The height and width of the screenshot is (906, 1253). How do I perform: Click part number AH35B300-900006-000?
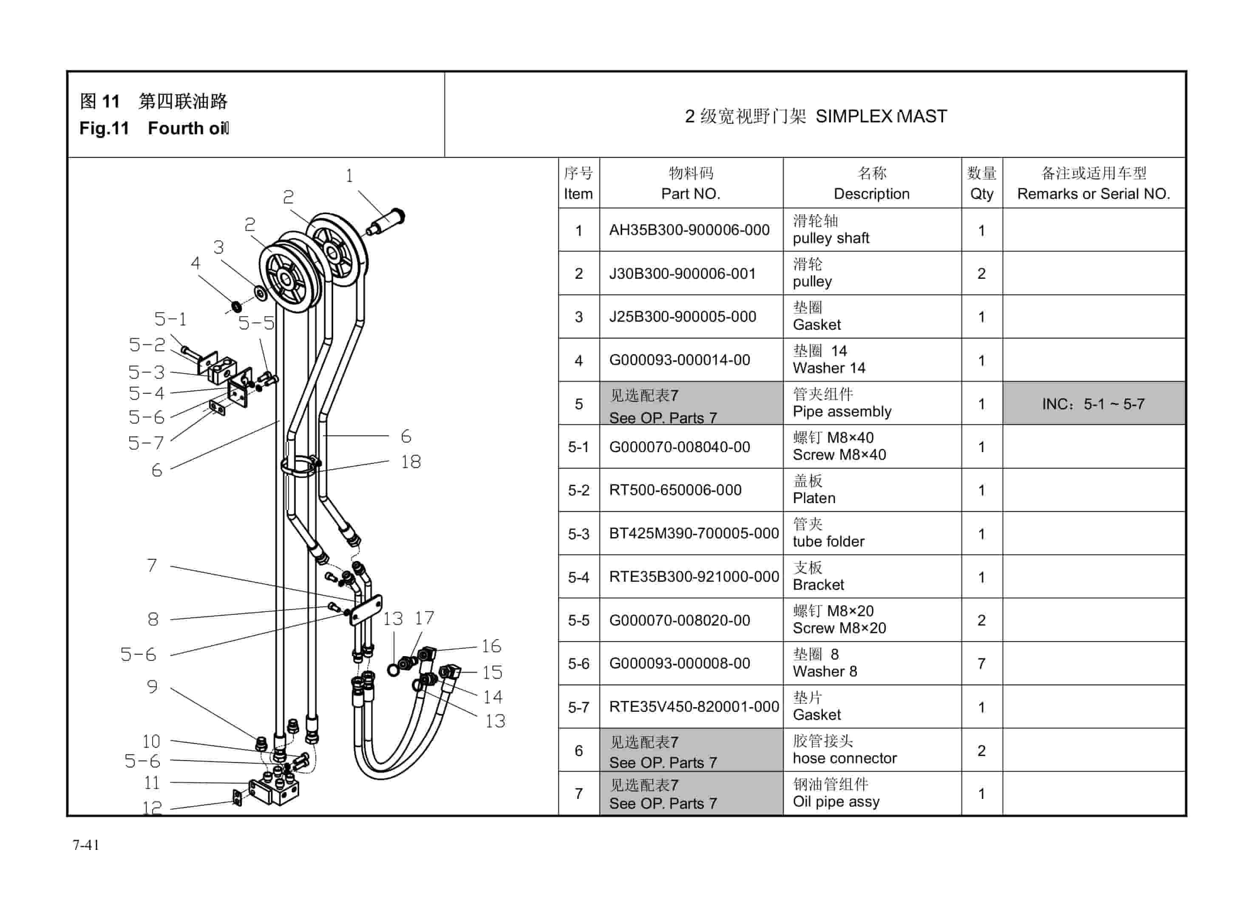[x=689, y=230]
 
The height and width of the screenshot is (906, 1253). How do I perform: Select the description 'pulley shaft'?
[x=831, y=238]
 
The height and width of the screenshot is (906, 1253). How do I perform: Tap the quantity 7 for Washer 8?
[x=981, y=663]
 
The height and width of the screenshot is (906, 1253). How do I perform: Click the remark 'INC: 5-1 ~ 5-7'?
[x=1093, y=404]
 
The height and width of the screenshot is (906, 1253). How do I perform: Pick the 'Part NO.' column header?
[x=691, y=194]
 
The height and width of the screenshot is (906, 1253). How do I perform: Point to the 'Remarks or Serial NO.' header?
[x=1093, y=194]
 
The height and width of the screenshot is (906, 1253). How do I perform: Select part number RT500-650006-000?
[x=675, y=490]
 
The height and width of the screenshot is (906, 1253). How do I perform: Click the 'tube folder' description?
[x=828, y=541]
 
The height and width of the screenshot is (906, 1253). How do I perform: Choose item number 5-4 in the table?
[x=578, y=577]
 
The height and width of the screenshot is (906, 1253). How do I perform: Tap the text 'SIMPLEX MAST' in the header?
[x=881, y=116]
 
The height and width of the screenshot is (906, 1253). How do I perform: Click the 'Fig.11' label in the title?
[x=104, y=128]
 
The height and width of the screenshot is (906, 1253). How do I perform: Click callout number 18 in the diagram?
[x=411, y=462]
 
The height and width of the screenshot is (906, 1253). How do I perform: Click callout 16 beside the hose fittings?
[x=490, y=646]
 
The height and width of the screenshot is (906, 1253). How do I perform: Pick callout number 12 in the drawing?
[x=152, y=808]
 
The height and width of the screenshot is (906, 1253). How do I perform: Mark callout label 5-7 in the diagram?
[x=146, y=443]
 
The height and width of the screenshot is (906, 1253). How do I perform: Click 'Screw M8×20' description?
[x=839, y=628]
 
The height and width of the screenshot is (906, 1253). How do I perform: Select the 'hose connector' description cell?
[x=844, y=759]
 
